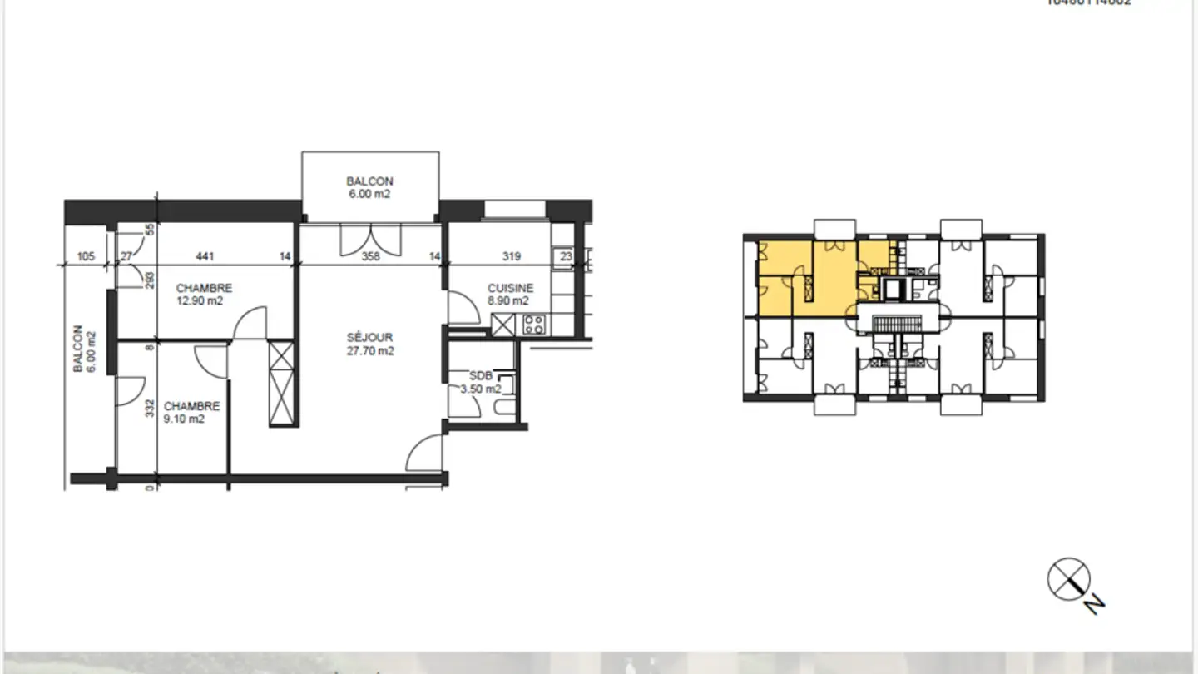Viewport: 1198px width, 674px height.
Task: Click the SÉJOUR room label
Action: click(370, 338)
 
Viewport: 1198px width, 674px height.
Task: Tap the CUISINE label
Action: click(510, 288)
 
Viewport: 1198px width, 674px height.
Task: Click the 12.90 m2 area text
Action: click(199, 301)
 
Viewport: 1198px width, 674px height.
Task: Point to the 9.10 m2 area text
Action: click(184, 419)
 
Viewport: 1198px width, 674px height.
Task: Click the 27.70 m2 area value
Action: click(370, 351)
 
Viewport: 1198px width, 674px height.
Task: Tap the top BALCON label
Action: click(369, 181)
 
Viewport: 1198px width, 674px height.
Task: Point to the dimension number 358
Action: click(370, 256)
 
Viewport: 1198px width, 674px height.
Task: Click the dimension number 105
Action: click(86, 256)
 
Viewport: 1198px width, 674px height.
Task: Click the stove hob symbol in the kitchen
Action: click(533, 325)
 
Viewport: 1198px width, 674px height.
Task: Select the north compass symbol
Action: click(1069, 579)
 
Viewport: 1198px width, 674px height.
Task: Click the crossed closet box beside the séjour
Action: click(282, 384)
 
